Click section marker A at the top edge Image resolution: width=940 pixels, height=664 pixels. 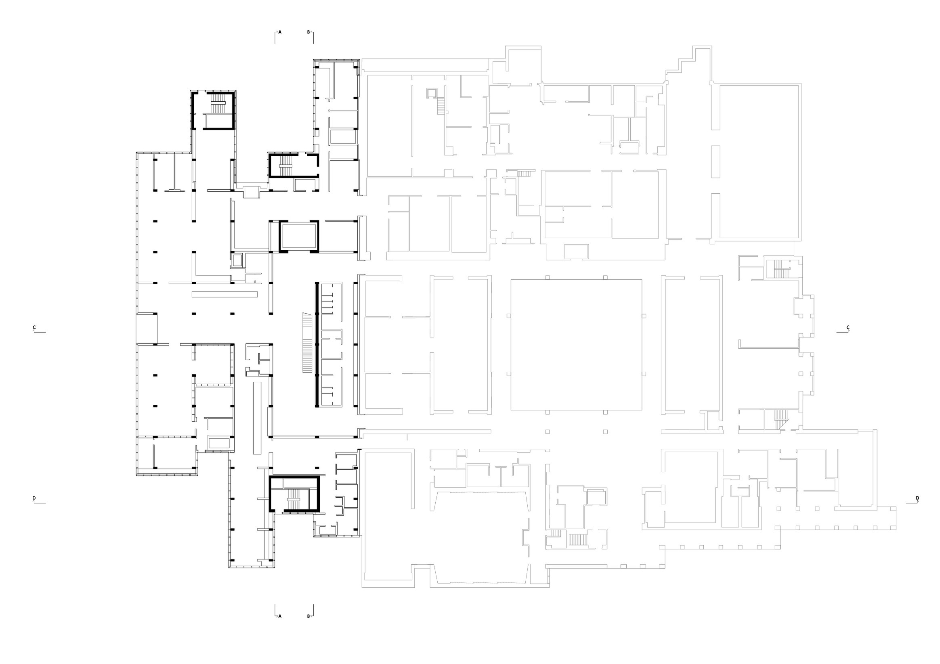pyautogui.click(x=280, y=31)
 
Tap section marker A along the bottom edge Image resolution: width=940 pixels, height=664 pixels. pyautogui.click(x=280, y=628)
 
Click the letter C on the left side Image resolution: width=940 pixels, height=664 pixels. pyautogui.click(x=34, y=327)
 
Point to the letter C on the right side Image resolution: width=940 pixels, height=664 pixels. pyautogui.click(x=848, y=327)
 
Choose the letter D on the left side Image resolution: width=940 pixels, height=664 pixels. pyautogui.click(x=34, y=498)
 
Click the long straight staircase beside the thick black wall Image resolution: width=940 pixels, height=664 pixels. pyautogui.click(x=307, y=343)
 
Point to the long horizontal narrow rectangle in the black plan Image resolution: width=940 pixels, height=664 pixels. pyautogui.click(x=225, y=294)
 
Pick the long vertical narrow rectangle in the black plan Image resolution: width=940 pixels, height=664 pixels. pyautogui.click(x=257, y=418)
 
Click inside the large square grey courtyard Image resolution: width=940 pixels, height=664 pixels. pyautogui.click(x=577, y=345)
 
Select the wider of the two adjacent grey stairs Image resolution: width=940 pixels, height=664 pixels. pyautogui.click(x=578, y=540)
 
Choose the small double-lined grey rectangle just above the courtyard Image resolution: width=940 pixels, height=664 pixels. pyautogui.click(x=577, y=251)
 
